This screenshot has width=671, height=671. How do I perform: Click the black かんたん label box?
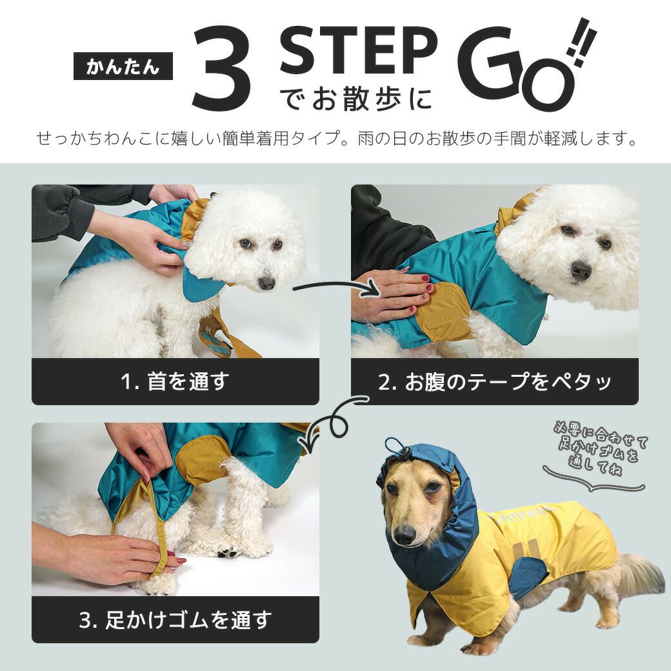tap(123, 66)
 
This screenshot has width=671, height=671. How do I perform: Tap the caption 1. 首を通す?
tap(175, 381)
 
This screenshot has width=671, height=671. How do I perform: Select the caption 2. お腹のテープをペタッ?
tap(494, 381)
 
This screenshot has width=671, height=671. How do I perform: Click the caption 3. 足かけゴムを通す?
tap(175, 620)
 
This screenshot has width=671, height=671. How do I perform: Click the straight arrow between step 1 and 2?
tap(335, 288)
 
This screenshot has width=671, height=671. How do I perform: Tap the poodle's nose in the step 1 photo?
tap(266, 283)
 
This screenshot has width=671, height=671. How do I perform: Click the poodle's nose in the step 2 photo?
tap(581, 270)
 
